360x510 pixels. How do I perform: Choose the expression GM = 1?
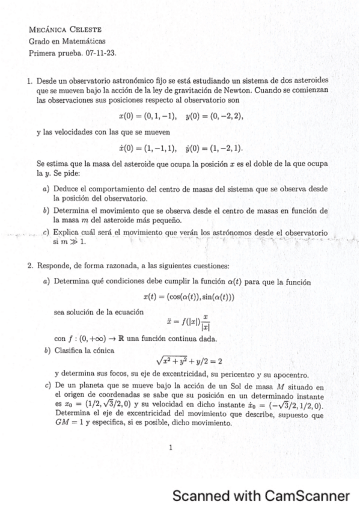tap(70, 424)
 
